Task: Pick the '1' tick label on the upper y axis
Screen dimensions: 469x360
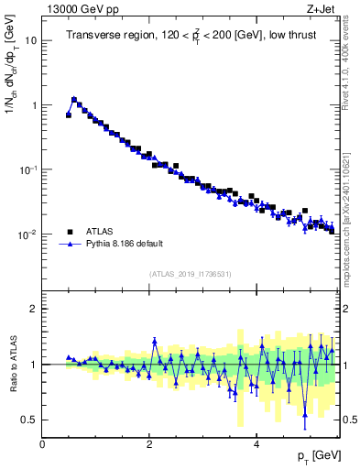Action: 34,105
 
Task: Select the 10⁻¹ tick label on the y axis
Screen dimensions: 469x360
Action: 28,169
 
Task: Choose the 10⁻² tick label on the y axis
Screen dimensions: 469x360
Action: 28,234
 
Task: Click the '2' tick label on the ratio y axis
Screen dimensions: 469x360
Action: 34,309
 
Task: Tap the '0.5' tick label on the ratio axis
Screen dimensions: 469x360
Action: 30,420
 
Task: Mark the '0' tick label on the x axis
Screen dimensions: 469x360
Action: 42,443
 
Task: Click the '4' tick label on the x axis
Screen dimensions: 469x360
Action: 256,443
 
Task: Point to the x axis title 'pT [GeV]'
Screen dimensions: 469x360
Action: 314,455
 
